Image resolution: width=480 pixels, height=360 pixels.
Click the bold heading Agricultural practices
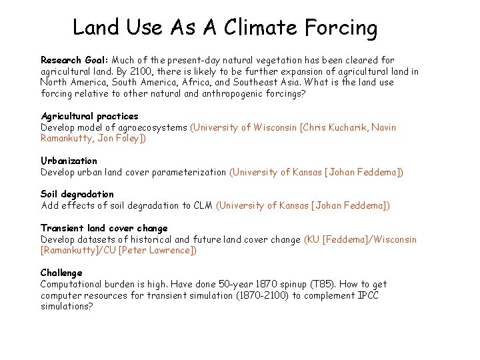(x=89, y=116)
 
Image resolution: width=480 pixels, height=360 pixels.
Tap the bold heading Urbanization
(x=69, y=161)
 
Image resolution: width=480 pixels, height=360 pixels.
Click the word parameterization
(x=189, y=172)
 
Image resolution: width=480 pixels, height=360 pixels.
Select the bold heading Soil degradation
(x=77, y=195)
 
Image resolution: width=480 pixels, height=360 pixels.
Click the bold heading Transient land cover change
(x=104, y=228)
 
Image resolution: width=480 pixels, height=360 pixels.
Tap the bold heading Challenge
(x=61, y=273)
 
